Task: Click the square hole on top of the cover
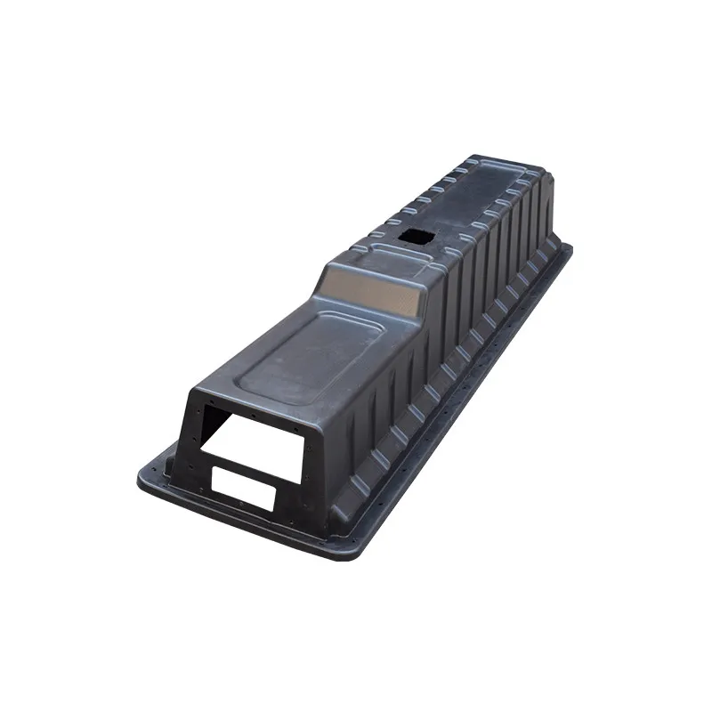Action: pos(413,236)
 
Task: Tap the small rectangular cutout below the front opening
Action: pos(243,489)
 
